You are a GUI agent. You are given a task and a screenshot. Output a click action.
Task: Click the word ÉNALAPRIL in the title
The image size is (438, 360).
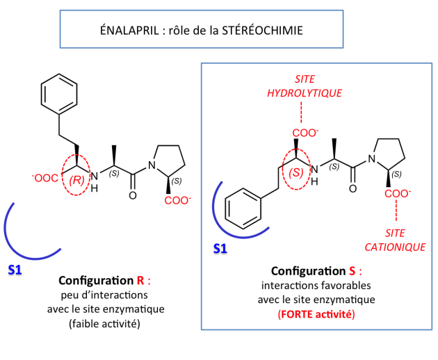pos(129,30)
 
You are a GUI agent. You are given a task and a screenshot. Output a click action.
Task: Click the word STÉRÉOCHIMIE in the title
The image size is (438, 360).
pos(262,30)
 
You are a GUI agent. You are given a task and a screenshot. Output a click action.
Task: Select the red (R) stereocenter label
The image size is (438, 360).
pos(76,180)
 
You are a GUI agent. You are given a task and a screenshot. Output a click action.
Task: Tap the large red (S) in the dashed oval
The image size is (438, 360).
pos(296,173)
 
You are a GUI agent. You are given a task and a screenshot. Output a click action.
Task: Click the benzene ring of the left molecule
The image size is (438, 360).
pos(41,94)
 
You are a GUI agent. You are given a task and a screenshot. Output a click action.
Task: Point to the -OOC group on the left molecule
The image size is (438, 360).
pos(45,178)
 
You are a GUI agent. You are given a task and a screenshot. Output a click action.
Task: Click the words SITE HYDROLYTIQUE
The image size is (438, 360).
pos(305,86)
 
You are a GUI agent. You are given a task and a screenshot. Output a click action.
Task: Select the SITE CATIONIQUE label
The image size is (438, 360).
pos(395,240)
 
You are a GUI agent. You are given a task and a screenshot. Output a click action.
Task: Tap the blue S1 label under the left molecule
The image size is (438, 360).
pos(15,270)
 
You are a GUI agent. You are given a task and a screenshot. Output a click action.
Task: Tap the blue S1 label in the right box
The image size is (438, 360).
pos(220,248)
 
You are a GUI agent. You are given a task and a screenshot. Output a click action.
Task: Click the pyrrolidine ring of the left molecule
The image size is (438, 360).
pos(185,165)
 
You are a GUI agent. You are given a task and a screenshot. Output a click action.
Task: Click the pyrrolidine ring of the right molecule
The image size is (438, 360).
pos(405,158)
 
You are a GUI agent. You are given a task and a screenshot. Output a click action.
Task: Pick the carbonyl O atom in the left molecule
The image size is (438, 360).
pos(133,195)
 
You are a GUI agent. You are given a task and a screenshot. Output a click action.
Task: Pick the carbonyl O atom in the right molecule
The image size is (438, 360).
pos(352,189)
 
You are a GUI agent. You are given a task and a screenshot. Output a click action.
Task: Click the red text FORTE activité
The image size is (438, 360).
pos(316,314)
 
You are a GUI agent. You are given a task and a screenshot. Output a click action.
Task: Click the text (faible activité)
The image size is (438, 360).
pos(104,324)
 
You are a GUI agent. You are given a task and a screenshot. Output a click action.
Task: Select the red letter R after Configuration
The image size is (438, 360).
pos(140,280)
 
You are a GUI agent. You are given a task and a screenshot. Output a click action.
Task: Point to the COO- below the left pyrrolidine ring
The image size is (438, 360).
pos(178,200)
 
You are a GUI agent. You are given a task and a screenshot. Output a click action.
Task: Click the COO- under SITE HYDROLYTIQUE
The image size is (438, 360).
pos(305,133)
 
